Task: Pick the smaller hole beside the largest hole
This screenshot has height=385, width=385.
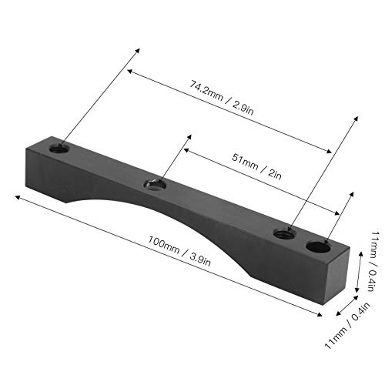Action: pyautogui.click(x=286, y=232)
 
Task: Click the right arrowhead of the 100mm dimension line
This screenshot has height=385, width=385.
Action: pyautogui.click(x=320, y=313)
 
